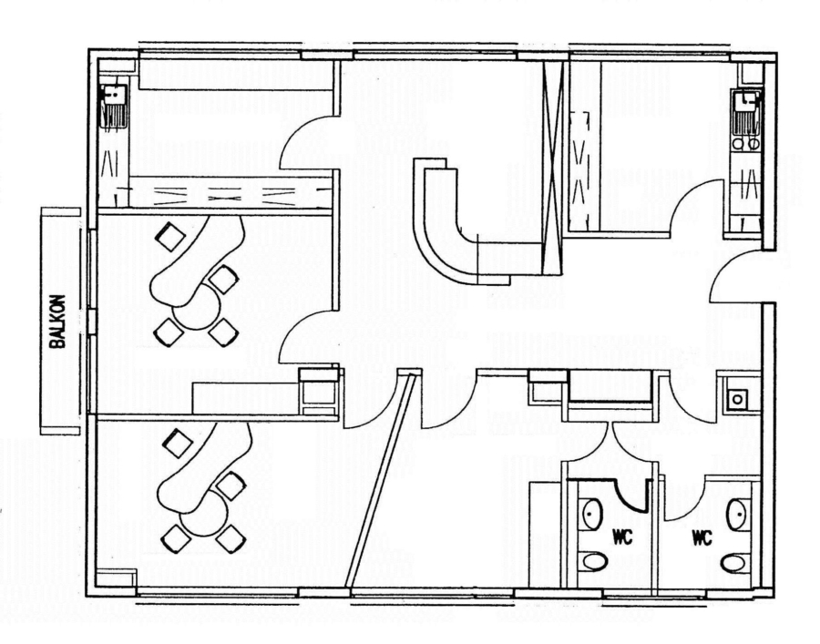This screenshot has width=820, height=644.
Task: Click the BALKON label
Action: tap(57, 322)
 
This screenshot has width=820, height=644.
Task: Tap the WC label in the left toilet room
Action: tap(622, 537)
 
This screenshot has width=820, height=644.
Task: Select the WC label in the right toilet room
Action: tap(702, 537)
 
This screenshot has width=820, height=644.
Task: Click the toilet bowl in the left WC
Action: tap(595, 561)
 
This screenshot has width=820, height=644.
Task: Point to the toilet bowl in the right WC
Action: tap(733, 564)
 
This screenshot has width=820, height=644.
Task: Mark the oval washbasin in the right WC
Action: tap(737, 515)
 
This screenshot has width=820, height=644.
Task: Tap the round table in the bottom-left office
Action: tap(204, 515)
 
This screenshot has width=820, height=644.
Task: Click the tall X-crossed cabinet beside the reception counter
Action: tap(552, 168)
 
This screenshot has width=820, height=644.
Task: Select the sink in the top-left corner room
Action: tap(115, 107)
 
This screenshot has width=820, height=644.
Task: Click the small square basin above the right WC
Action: tap(737, 399)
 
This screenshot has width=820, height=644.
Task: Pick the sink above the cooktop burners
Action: tap(746, 112)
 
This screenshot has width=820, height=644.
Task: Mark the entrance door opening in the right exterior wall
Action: tap(769, 276)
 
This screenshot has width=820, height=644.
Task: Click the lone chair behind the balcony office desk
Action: tap(171, 236)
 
